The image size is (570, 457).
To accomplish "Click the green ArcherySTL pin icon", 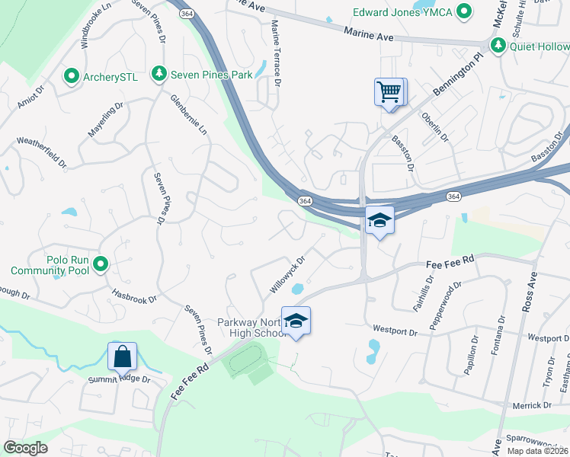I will (71, 75).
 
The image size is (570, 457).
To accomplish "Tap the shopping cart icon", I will (389, 92).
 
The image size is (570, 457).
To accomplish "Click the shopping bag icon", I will (122, 356).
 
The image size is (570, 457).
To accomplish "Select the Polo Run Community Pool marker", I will (100, 265).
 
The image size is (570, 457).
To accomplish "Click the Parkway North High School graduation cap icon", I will (296, 321).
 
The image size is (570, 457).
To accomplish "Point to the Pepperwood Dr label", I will (445, 305).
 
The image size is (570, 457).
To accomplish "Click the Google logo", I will (25, 448).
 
